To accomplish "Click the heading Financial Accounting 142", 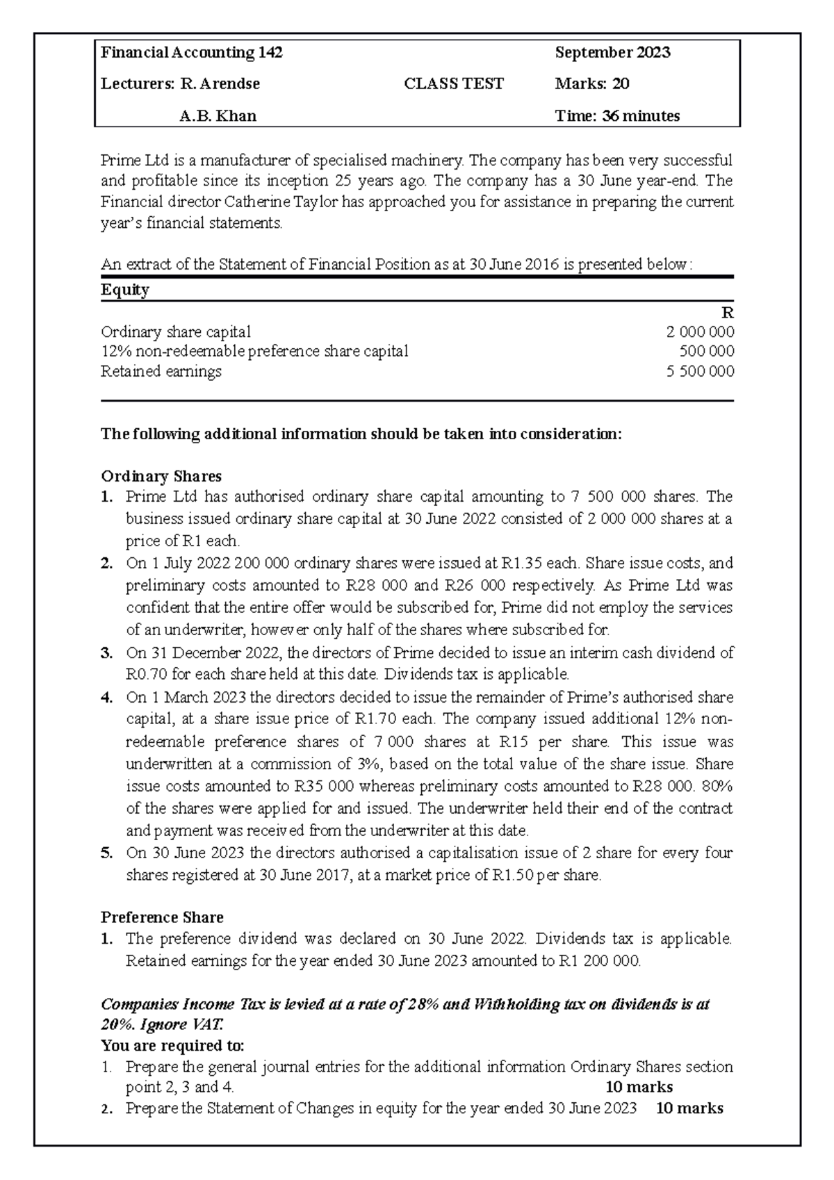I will (192, 53).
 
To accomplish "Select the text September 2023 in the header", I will (612, 53).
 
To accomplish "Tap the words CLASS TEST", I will (454, 84).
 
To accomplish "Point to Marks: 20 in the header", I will (592, 84).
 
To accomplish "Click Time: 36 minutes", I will (617, 116).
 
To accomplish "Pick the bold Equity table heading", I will (125, 290).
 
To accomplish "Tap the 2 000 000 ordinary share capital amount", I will (700, 332).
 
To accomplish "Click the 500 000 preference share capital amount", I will (706, 352).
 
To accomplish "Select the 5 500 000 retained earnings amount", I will (700, 371).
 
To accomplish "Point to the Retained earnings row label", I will (161, 371).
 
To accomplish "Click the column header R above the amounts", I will (728, 313).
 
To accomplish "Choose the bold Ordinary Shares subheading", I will (161, 476).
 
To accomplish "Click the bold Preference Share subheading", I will (162, 917).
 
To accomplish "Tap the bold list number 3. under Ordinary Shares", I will (106, 653).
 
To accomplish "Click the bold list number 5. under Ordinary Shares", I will (106, 853).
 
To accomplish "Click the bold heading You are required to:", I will (173, 1046).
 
